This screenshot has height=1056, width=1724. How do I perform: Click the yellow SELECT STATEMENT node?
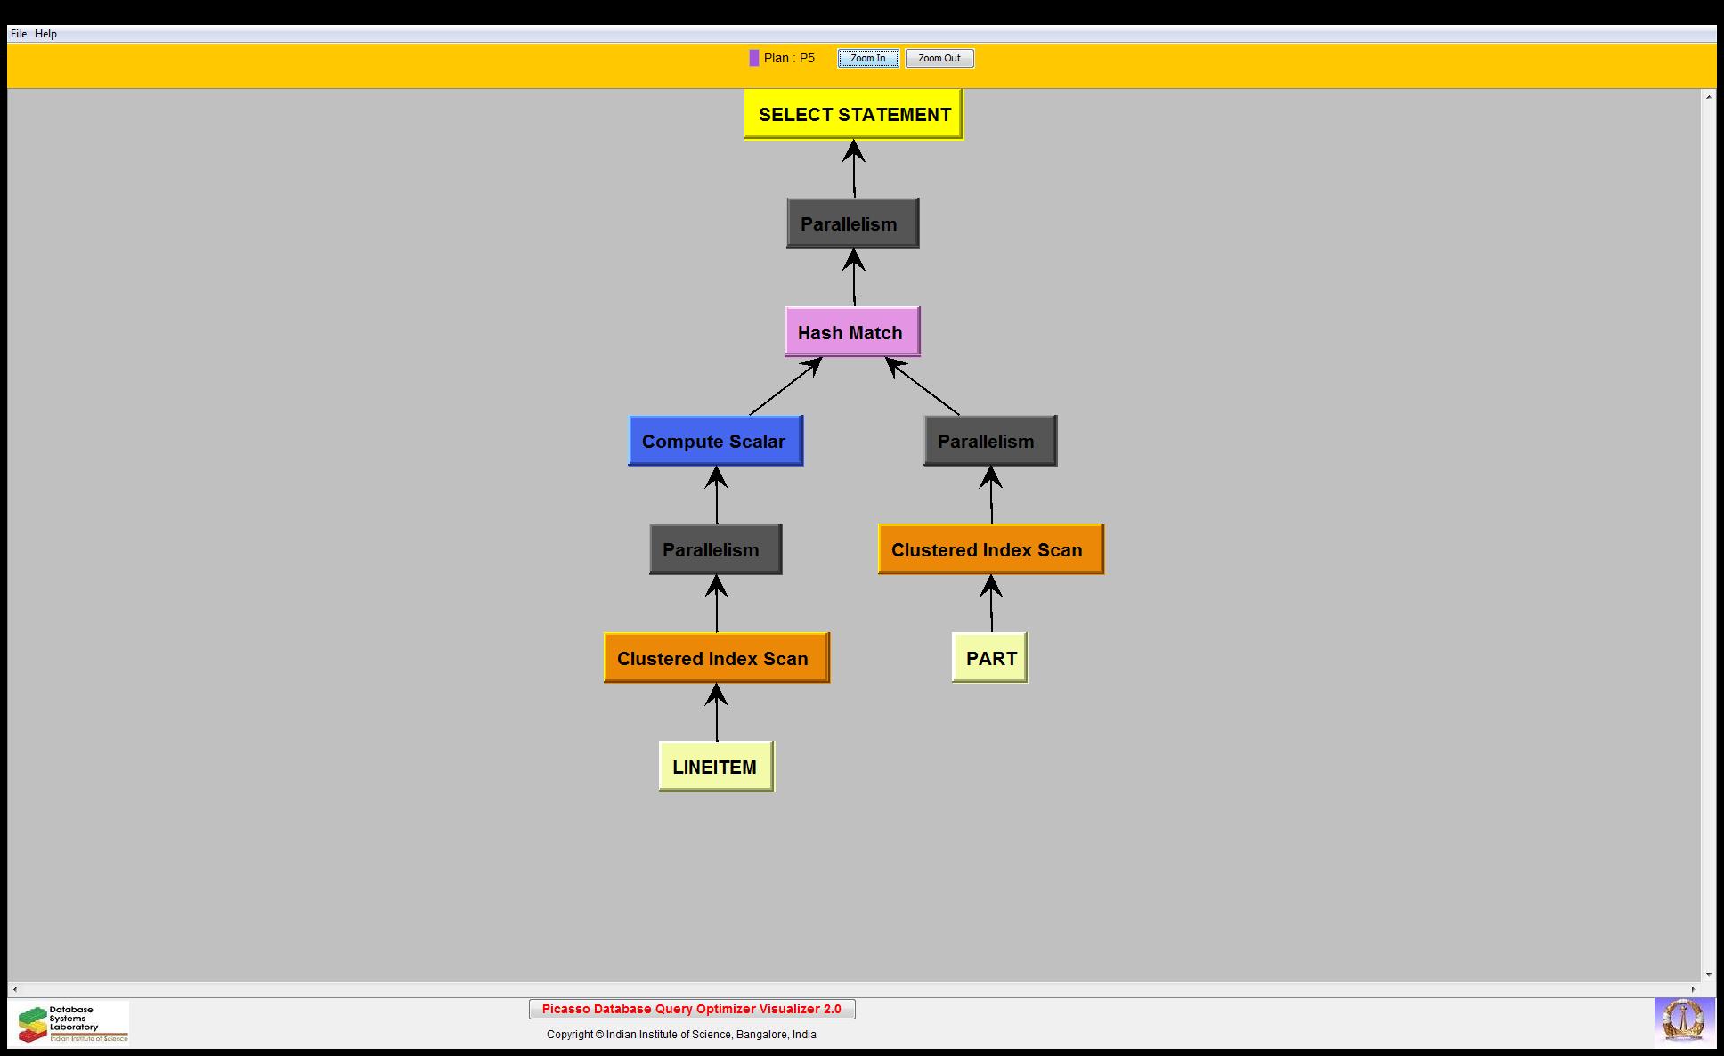[x=853, y=114]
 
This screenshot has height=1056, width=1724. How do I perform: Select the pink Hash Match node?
[x=852, y=332]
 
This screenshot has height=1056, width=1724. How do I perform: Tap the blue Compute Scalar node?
[x=715, y=441]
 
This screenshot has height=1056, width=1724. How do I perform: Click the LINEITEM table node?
[x=716, y=767]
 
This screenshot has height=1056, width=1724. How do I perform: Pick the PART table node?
[x=989, y=658]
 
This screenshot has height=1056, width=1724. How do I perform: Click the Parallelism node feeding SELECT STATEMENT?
[x=852, y=223]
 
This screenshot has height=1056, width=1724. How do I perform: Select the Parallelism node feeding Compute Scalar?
[x=715, y=549]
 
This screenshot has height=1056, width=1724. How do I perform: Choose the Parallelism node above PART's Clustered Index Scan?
[x=990, y=441]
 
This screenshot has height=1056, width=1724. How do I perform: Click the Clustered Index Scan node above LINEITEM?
[x=716, y=658]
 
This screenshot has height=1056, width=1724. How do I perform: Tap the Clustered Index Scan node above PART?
[x=990, y=549]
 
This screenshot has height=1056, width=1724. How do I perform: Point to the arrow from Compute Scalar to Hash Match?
[x=784, y=387]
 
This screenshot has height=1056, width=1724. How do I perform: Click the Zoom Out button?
[x=939, y=59]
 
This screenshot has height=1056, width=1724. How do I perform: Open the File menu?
[x=19, y=34]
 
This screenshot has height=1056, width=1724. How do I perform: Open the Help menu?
[x=46, y=34]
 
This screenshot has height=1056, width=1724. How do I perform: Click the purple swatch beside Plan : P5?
[x=754, y=58]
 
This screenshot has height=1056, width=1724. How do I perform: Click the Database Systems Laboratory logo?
[x=71, y=1023]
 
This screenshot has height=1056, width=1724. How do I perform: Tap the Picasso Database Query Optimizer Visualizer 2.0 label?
[x=692, y=1009]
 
